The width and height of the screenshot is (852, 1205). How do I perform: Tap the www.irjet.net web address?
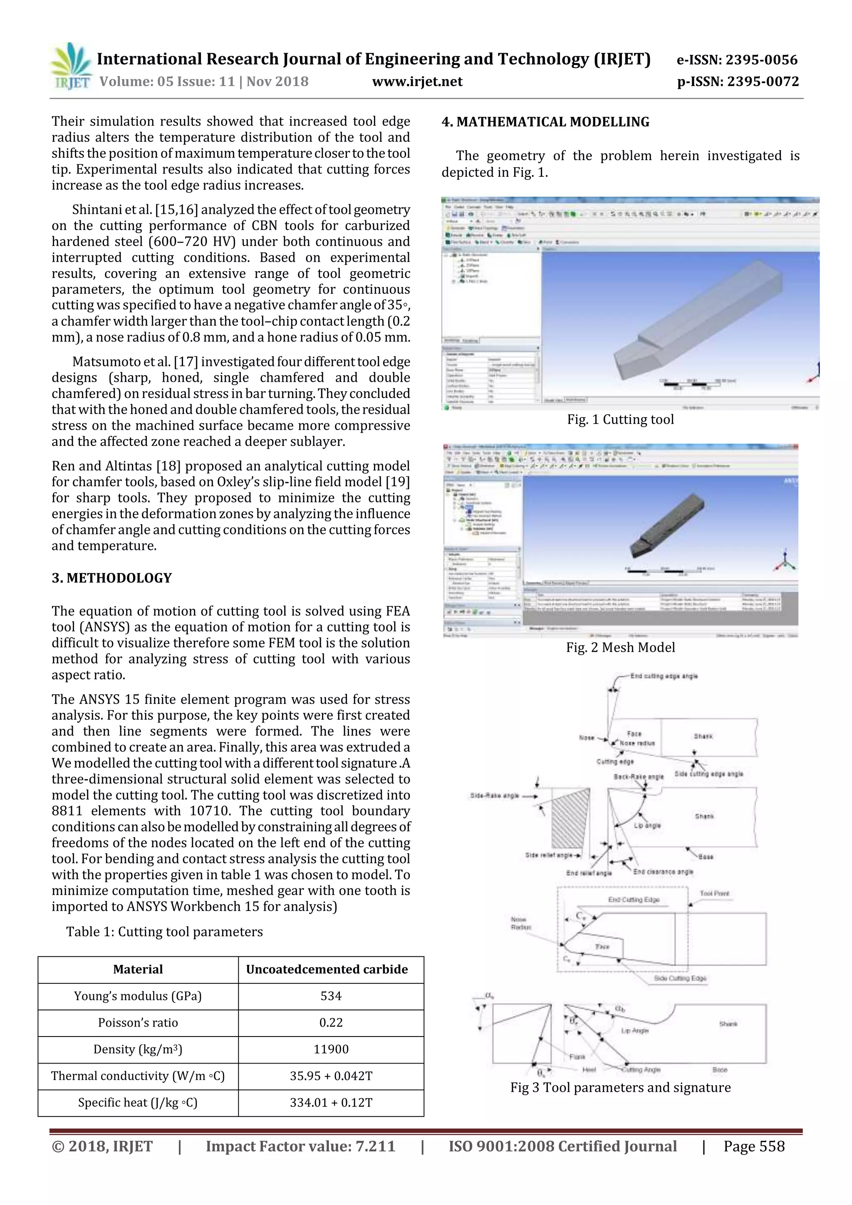[417, 82]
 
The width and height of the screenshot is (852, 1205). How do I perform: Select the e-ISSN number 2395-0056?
[737, 60]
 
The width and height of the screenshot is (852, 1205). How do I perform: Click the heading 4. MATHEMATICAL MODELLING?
[545, 122]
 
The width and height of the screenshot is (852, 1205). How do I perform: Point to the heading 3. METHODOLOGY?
[111, 578]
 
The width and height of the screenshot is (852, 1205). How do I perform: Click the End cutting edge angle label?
[664, 676]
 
